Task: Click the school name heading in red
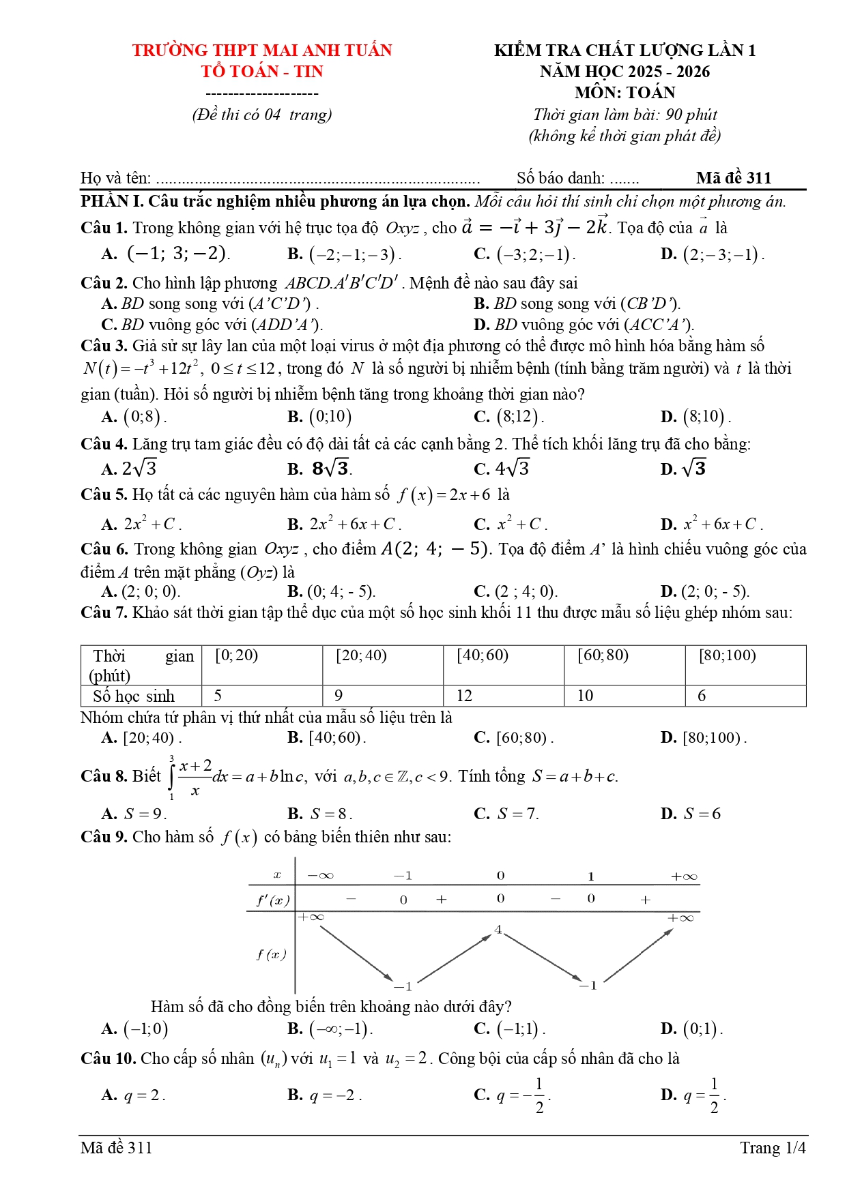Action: [262, 50]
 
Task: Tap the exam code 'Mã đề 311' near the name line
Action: [734, 178]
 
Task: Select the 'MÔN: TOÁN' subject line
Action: [625, 93]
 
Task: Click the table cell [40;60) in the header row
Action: [483, 655]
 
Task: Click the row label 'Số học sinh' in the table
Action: [134, 696]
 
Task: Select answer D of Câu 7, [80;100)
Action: [714, 738]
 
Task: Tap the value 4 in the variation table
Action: [498, 930]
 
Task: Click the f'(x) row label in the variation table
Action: [272, 900]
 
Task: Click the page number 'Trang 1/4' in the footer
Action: [773, 1148]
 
